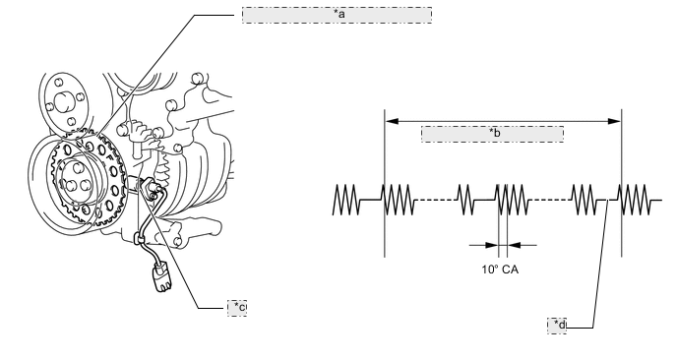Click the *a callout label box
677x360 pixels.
337,15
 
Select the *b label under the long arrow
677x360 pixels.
493,134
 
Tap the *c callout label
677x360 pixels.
237,308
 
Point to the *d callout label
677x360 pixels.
557,326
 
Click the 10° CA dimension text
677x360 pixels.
500,270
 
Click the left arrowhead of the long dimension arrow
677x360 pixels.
392,121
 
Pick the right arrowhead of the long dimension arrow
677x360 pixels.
615,121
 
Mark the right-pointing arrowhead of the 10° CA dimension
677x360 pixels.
492,245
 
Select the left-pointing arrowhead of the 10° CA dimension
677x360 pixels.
514,245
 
